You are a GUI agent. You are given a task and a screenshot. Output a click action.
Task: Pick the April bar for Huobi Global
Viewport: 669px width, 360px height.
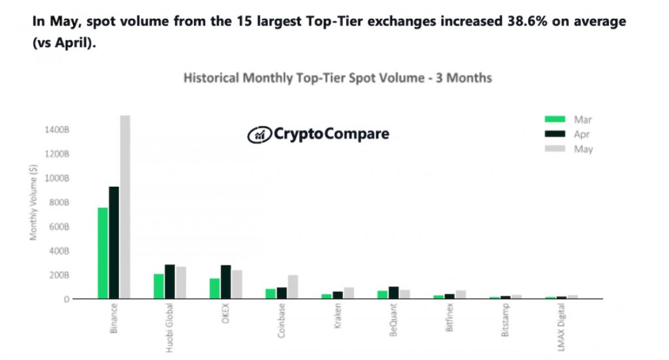click(170, 282)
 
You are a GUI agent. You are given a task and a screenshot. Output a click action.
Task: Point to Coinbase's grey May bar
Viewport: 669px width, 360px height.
click(293, 287)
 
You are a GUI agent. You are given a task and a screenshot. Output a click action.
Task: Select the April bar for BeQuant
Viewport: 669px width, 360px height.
click(393, 293)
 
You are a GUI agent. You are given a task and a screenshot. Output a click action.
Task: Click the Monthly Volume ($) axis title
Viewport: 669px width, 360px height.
click(33, 203)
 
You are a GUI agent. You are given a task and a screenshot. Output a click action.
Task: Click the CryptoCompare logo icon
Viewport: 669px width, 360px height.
click(258, 135)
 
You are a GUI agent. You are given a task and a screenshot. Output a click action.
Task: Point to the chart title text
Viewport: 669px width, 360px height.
click(338, 78)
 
